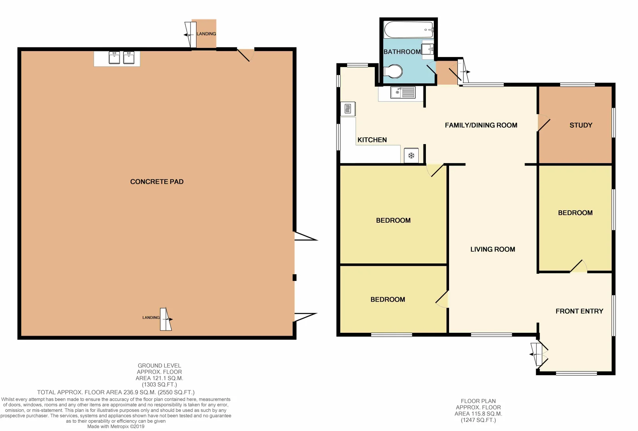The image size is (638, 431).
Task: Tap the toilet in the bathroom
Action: [394, 72]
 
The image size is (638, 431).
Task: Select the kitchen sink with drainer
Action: [403, 93]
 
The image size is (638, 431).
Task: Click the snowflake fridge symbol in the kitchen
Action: [411, 155]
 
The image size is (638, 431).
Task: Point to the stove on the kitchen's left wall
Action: [348, 109]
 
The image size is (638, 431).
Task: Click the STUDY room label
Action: [580, 125]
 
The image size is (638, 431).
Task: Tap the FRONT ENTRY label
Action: [579, 311]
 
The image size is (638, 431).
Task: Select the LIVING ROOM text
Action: [492, 249]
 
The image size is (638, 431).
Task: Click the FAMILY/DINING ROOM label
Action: [481, 125]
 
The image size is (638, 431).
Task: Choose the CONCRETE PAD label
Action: [157, 182]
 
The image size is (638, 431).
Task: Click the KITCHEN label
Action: [372, 140]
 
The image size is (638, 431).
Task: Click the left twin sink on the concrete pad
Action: [114, 58]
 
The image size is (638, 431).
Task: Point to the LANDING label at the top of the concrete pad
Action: [206, 34]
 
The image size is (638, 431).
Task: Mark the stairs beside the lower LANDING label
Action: [165, 319]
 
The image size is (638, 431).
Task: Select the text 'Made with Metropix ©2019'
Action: [116, 426]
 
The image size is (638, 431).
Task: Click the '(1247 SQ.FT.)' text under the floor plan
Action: [478, 420]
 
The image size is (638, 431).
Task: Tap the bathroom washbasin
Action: [428, 49]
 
